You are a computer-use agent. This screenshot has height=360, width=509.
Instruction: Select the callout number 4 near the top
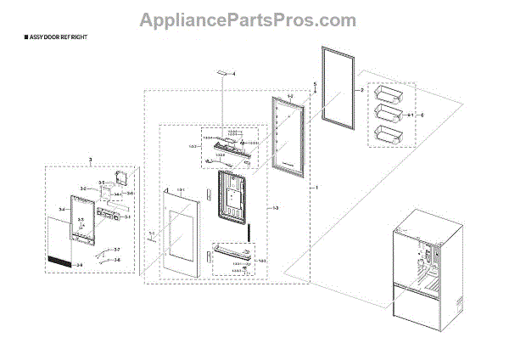point(234,76)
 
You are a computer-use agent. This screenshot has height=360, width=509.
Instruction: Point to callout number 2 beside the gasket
point(361,90)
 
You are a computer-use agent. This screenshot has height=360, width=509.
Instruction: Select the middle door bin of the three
point(390,113)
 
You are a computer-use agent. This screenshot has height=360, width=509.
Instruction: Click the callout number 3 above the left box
point(90,160)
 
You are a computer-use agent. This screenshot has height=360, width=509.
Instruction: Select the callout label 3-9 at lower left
point(80,266)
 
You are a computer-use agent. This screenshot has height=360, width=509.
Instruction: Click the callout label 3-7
point(117,249)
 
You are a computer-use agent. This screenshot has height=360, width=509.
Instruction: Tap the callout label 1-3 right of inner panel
point(274,207)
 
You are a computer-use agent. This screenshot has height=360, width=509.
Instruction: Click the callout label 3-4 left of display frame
point(62,209)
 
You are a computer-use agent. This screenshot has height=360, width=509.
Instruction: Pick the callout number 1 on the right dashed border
point(317,187)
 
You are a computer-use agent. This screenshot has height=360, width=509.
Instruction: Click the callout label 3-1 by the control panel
point(127,217)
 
